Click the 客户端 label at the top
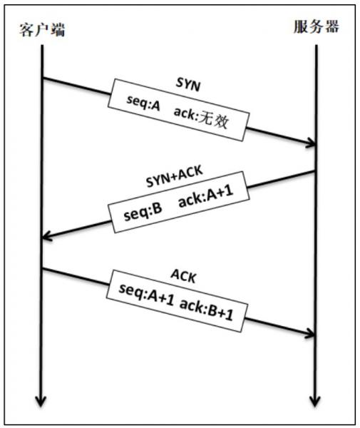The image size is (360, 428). [x=42, y=29]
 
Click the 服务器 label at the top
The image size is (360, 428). [x=317, y=27]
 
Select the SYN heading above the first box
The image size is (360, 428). [x=188, y=84]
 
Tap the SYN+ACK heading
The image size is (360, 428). [x=175, y=176]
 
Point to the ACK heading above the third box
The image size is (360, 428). [x=183, y=276]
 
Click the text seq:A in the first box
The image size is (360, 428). [x=143, y=103]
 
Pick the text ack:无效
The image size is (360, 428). [x=201, y=118]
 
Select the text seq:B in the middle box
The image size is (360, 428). [x=143, y=212]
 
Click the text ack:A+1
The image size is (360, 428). [x=206, y=195]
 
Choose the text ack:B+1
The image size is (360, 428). [x=207, y=310]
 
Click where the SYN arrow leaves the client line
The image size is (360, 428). [x=43, y=78]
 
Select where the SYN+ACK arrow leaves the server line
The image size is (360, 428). [x=316, y=171]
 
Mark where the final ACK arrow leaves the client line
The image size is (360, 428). [x=43, y=269]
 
